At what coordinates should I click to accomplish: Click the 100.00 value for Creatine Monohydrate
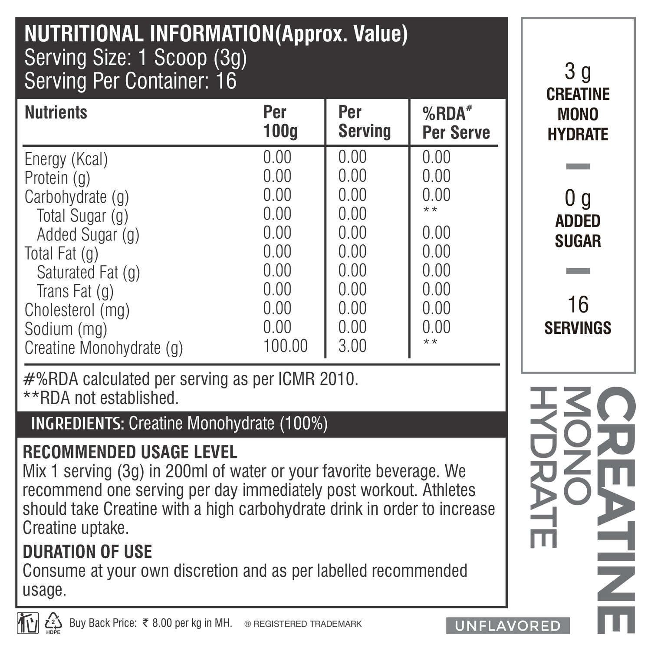pyautogui.click(x=285, y=346)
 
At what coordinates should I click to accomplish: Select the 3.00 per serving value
pyautogui.click(x=352, y=346)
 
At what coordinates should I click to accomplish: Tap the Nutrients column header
pyautogui.click(x=56, y=112)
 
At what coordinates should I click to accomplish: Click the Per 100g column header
pyautogui.click(x=280, y=122)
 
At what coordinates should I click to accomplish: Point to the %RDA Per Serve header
pyautogui.click(x=456, y=123)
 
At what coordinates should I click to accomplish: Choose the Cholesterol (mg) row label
pyautogui.click(x=77, y=310)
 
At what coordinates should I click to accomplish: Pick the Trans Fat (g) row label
pyautogui.click(x=75, y=291)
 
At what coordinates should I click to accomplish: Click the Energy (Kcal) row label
pyautogui.click(x=66, y=159)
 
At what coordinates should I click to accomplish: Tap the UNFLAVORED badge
pyautogui.click(x=508, y=626)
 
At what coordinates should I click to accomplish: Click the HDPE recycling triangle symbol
pyautogui.click(x=53, y=622)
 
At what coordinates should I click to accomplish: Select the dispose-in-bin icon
pyautogui.click(x=28, y=623)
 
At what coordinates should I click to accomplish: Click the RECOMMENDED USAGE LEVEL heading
pyautogui.click(x=130, y=452)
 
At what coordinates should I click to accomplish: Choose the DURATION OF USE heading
pyautogui.click(x=87, y=552)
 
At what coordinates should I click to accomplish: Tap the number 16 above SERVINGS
pyautogui.click(x=578, y=305)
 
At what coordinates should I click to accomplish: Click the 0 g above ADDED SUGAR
pyautogui.click(x=578, y=199)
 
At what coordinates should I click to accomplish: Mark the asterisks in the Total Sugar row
pyautogui.click(x=430, y=211)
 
